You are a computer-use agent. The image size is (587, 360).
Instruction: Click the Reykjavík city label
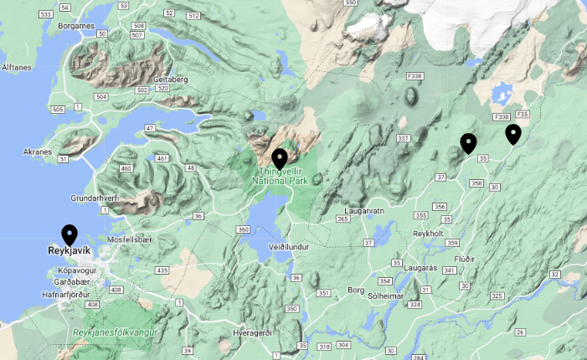pos(69,250)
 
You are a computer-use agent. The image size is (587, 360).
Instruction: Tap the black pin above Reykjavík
pos(70,234)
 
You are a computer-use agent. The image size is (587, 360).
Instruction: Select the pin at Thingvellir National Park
pos(280,157)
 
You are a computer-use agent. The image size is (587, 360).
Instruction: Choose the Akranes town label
pos(39,152)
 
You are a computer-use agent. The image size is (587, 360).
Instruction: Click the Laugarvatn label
pos(364,211)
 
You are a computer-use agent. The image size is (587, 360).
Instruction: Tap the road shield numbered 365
pos(342,219)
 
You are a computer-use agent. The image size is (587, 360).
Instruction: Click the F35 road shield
pos(523,114)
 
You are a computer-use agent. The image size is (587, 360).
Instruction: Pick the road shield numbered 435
pos(162,270)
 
